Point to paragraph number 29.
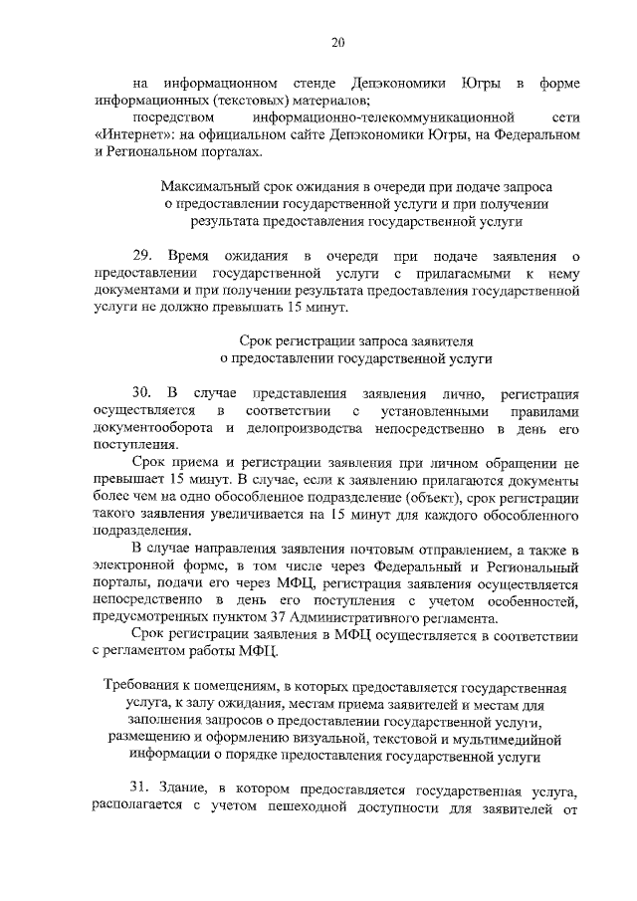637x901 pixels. tap(143, 258)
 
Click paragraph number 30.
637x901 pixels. tap(143, 394)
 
